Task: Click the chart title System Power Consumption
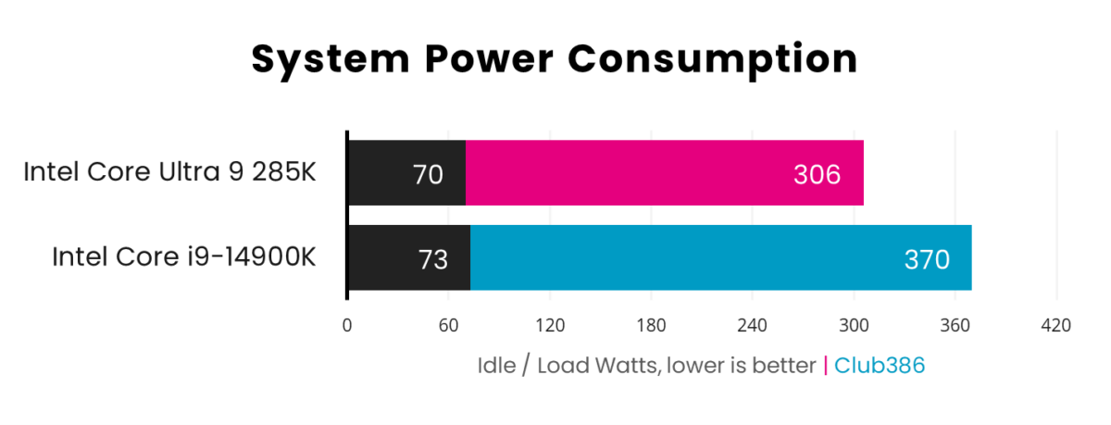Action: click(x=555, y=60)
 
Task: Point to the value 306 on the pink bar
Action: click(x=817, y=174)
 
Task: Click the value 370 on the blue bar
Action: click(x=927, y=259)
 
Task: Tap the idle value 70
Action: click(x=429, y=174)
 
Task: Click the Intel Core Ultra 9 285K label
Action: click(x=169, y=172)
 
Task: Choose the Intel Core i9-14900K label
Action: click(x=184, y=256)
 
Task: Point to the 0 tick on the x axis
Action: click(x=347, y=325)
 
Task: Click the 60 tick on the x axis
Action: click(x=448, y=325)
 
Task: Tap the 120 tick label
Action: click(x=550, y=325)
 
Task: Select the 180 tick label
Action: click(x=651, y=325)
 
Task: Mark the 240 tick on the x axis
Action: click(x=752, y=325)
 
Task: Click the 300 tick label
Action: click(x=854, y=325)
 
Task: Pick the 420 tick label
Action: click(x=1055, y=325)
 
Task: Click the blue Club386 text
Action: click(x=880, y=365)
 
